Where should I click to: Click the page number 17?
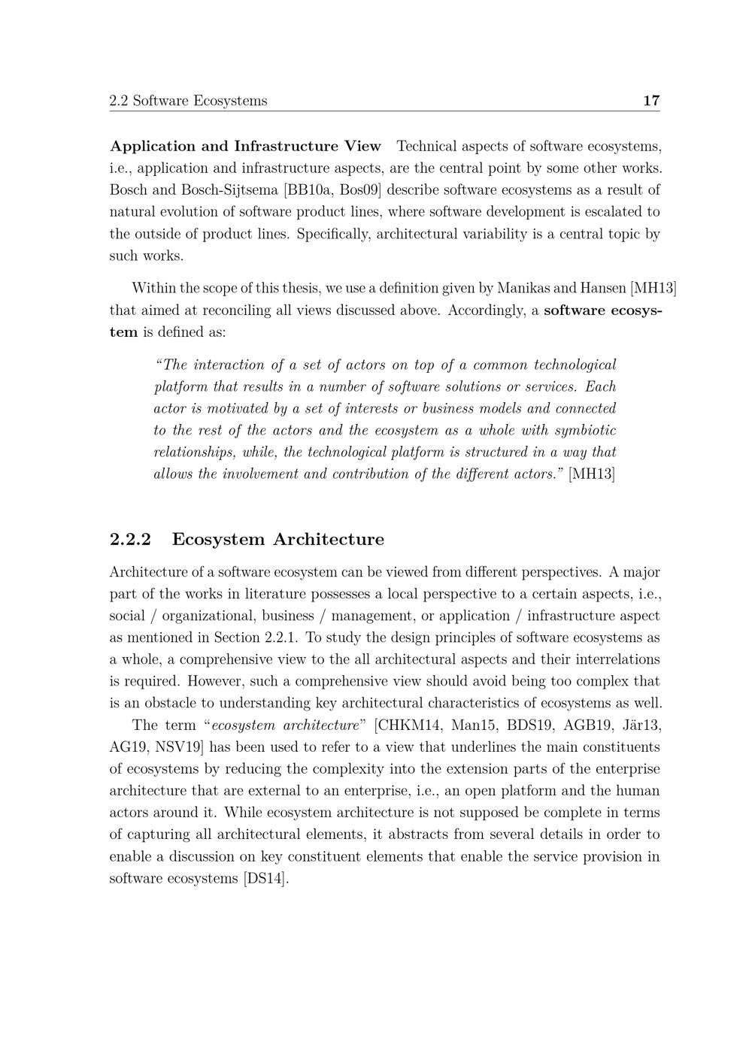click(651, 101)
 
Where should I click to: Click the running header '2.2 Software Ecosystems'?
click(188, 101)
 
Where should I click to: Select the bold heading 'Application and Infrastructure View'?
click(245, 146)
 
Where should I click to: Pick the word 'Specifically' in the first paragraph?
click(332, 234)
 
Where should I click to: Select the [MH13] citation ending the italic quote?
click(592, 474)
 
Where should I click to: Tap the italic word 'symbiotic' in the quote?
click(586, 431)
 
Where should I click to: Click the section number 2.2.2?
click(130, 540)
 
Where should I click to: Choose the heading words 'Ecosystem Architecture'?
click(277, 540)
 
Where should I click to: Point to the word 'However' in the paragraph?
click(214, 682)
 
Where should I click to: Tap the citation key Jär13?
click(641, 726)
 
